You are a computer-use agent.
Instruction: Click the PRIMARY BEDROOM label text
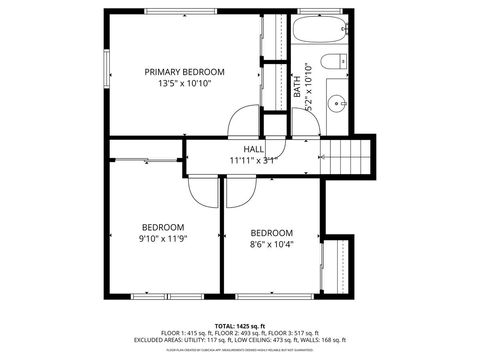(x=184, y=72)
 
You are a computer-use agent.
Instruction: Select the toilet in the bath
(x=338, y=59)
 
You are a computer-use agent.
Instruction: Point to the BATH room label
(x=297, y=87)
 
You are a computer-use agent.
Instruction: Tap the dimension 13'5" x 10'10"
(x=184, y=84)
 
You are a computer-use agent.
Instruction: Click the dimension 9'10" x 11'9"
(x=163, y=238)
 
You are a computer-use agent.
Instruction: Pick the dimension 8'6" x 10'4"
(x=271, y=244)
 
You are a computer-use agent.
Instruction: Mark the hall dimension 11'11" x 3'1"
(x=252, y=159)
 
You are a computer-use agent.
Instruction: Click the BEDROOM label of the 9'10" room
(x=162, y=226)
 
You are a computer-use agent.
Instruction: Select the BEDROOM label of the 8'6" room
(x=271, y=232)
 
